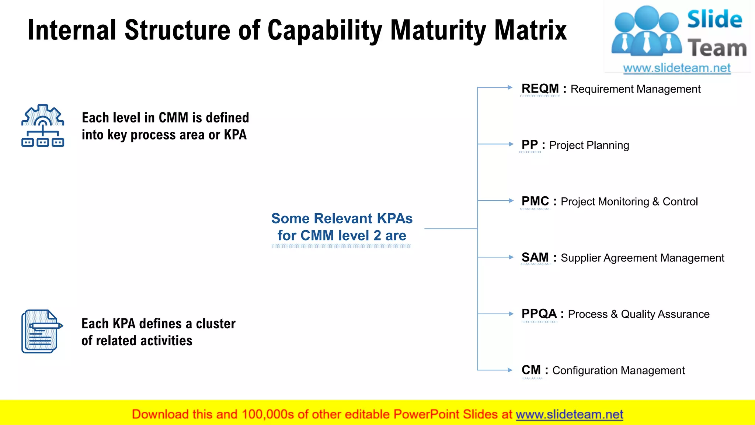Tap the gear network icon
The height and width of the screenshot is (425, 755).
pyautogui.click(x=43, y=126)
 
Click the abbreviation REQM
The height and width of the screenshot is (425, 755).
pyautogui.click(x=540, y=89)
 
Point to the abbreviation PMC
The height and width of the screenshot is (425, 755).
pyautogui.click(x=535, y=201)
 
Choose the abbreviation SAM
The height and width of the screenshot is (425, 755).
pyautogui.click(x=535, y=257)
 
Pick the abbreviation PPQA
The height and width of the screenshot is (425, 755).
pyautogui.click(x=539, y=314)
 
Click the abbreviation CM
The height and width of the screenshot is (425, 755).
pyautogui.click(x=531, y=370)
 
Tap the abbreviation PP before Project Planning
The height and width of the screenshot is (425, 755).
pyautogui.click(x=530, y=145)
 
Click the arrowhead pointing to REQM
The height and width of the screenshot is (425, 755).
pyautogui.click(x=510, y=87)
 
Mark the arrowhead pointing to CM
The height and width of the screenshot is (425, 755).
pyautogui.click(x=510, y=370)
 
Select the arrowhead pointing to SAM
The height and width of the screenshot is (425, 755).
pyautogui.click(x=511, y=257)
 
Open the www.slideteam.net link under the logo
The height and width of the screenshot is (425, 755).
pyautogui.click(x=677, y=68)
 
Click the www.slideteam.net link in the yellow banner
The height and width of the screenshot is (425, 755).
pyautogui.click(x=569, y=414)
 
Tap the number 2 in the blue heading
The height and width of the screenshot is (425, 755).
pyautogui.click(x=377, y=235)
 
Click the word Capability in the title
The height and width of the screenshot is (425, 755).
pyautogui.click(x=325, y=30)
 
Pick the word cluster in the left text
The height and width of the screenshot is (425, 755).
pyautogui.click(x=216, y=324)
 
